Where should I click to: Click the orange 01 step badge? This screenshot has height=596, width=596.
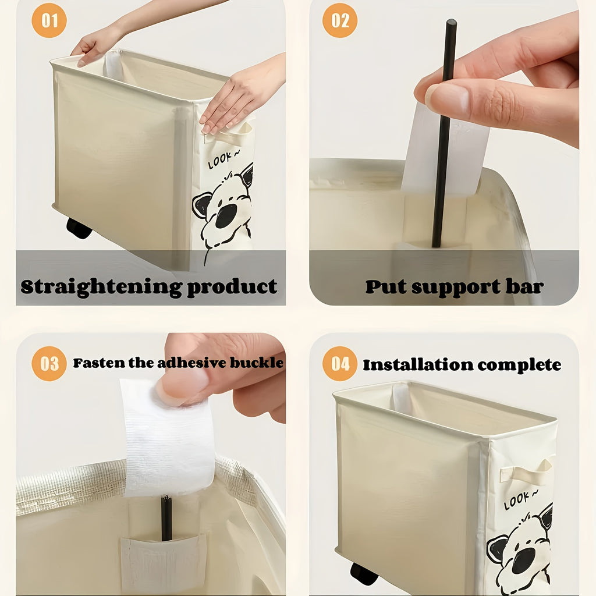(x=49, y=21)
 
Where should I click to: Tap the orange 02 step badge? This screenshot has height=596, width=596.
(x=340, y=21)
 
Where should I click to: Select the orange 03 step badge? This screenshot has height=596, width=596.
(x=49, y=364)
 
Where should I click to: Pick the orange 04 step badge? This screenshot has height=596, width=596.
(x=340, y=364)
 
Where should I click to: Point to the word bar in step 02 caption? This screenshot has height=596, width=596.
(x=524, y=286)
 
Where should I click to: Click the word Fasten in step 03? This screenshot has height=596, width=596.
(x=93, y=363)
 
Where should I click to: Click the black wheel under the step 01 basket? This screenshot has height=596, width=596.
(x=79, y=228)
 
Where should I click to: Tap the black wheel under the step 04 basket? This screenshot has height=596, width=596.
(x=364, y=574)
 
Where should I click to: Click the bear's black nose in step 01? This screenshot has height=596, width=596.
(x=226, y=216)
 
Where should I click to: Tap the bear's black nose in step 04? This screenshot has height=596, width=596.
(x=523, y=560)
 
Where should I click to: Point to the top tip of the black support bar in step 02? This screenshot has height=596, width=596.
(x=451, y=23)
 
